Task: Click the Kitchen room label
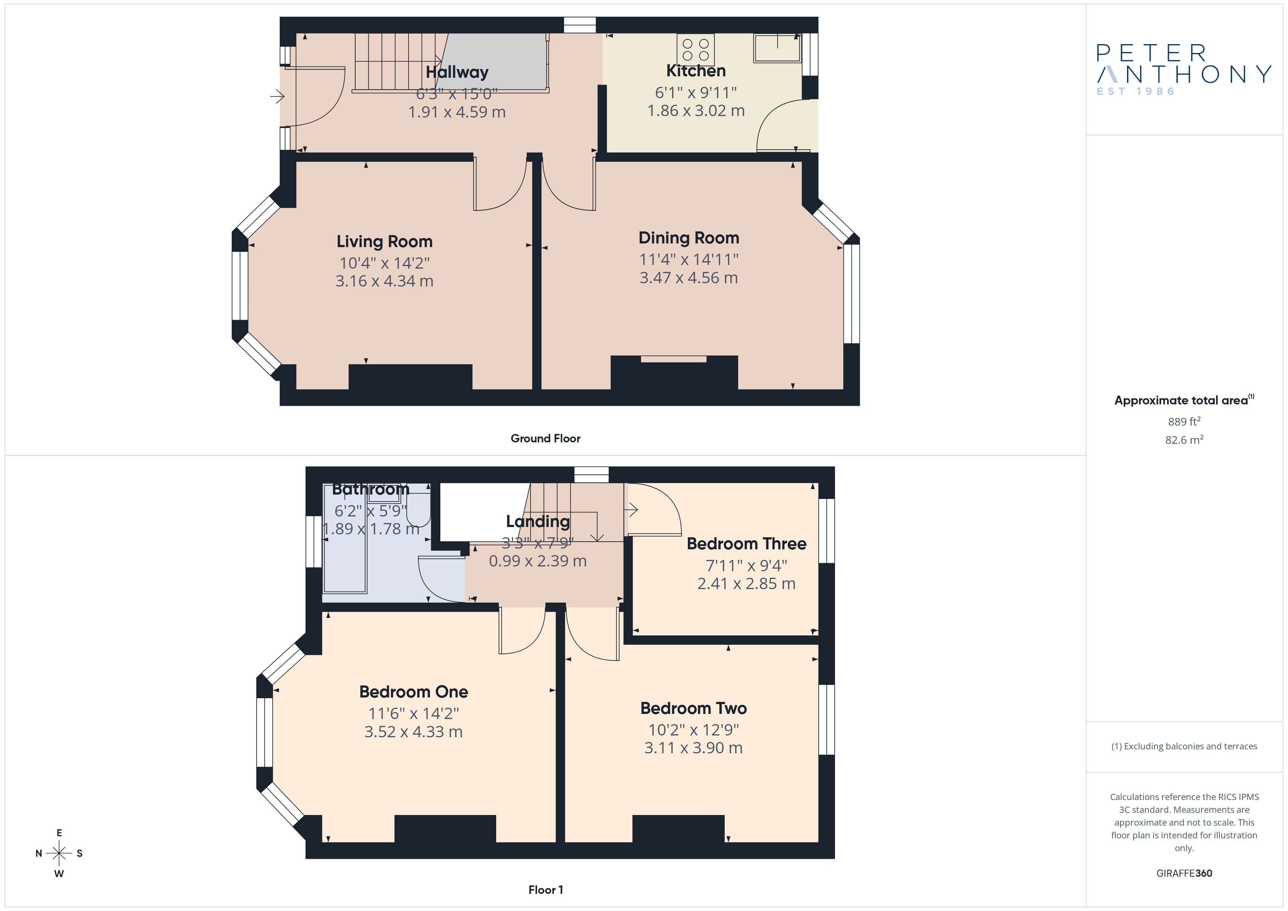[x=695, y=71]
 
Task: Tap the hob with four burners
[x=695, y=49]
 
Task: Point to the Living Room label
[x=384, y=241]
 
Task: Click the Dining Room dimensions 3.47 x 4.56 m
[x=688, y=278]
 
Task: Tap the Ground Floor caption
[x=545, y=439]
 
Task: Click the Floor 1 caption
[x=545, y=890]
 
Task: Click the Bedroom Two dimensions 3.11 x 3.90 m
[x=693, y=748]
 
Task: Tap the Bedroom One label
[x=413, y=692]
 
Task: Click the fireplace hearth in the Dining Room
[x=674, y=359]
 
